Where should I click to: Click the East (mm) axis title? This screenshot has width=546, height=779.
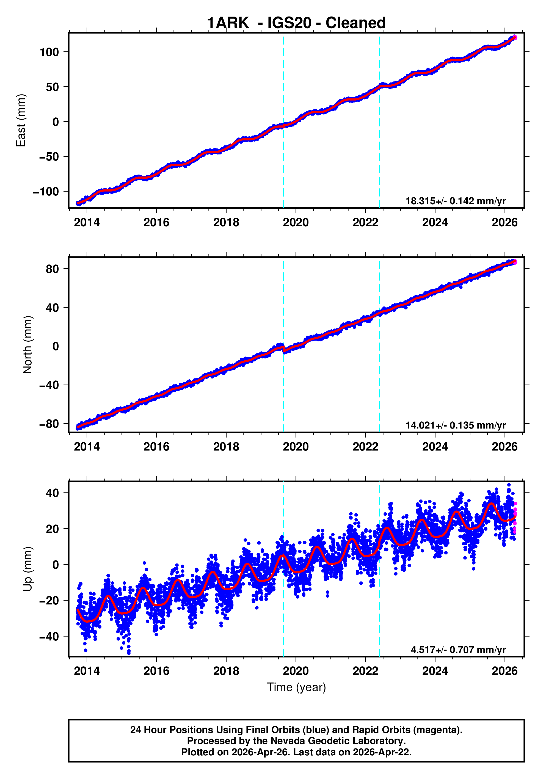(21, 120)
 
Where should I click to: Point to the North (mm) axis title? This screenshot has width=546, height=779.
(27, 345)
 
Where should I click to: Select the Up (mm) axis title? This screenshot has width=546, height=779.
(27, 569)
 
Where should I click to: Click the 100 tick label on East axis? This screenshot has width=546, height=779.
(49, 52)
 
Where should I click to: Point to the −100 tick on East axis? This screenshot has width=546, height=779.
(46, 192)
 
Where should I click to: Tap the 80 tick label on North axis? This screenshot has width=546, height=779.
(52, 269)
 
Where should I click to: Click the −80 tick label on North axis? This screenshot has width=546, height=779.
(49, 424)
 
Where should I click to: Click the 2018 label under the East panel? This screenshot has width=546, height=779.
(226, 223)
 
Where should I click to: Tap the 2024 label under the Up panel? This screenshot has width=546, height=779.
(435, 671)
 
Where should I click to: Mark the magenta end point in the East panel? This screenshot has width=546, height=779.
(515, 37)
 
